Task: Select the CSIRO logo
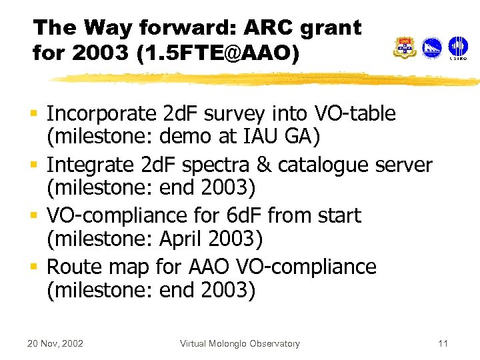[x=457, y=48]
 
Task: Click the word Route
[x=74, y=267]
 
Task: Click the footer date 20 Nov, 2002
[x=55, y=344]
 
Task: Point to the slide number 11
[x=443, y=344]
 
